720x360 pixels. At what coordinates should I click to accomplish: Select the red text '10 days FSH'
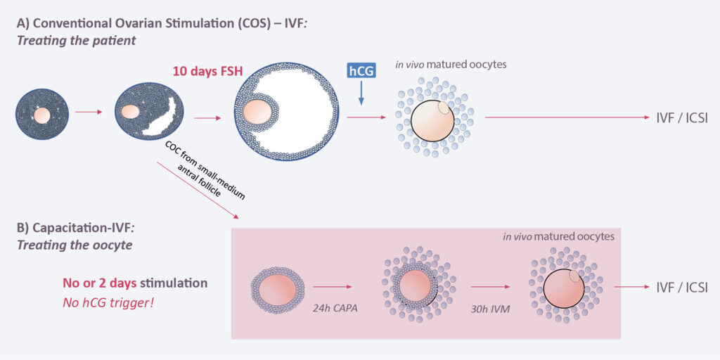click(x=203, y=72)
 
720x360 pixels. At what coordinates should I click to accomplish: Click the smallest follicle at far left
click(x=42, y=112)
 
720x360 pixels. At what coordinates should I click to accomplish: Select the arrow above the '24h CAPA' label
click(x=332, y=287)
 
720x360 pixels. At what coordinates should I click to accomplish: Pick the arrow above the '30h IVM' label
click(x=490, y=287)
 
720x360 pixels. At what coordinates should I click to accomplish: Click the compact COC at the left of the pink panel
click(x=278, y=288)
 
